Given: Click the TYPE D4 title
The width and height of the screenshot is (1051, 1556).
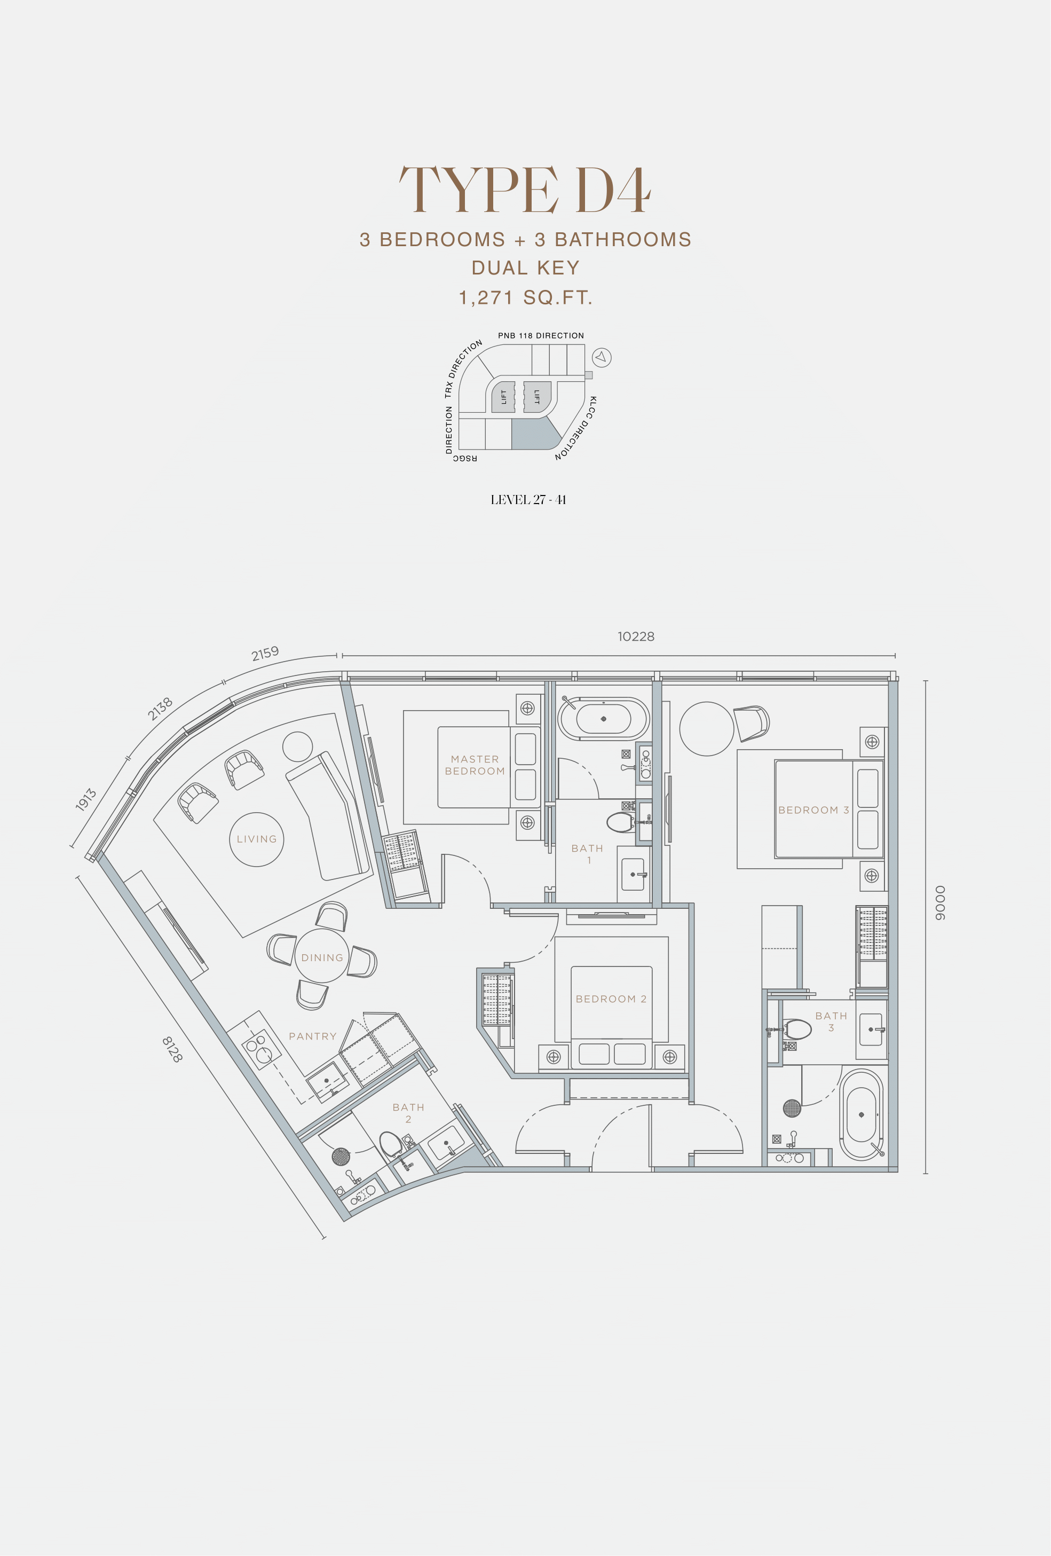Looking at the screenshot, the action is (525, 190).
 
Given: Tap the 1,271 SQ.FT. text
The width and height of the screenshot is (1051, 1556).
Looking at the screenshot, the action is (525, 298).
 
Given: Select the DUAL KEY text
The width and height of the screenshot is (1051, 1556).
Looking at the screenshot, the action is (525, 268).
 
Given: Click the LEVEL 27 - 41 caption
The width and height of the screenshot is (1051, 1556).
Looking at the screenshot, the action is (528, 499).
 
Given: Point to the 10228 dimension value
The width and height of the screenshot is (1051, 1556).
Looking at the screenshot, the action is (636, 636).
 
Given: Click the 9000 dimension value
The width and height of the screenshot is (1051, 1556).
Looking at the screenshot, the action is (941, 902).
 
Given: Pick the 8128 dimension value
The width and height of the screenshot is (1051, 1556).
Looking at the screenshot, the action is (172, 1049).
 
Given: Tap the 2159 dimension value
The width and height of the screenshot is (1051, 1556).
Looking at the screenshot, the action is (265, 654).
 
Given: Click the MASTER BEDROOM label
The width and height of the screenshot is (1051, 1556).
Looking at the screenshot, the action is (475, 765).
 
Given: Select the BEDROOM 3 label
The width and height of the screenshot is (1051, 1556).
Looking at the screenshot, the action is (813, 810).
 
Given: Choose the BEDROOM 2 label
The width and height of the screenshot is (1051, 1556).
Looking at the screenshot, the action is (611, 999).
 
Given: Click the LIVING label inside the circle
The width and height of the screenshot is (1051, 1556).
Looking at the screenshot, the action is (256, 839).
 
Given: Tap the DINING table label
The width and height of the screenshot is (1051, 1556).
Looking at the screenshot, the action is (322, 957).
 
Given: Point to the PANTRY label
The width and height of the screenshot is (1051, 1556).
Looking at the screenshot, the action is (313, 1036).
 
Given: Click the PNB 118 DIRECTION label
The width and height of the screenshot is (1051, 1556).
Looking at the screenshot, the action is (541, 335).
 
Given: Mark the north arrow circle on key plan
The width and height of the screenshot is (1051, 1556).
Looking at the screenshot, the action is (601, 358).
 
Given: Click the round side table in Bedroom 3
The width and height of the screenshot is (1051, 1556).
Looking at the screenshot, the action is (706, 729).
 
